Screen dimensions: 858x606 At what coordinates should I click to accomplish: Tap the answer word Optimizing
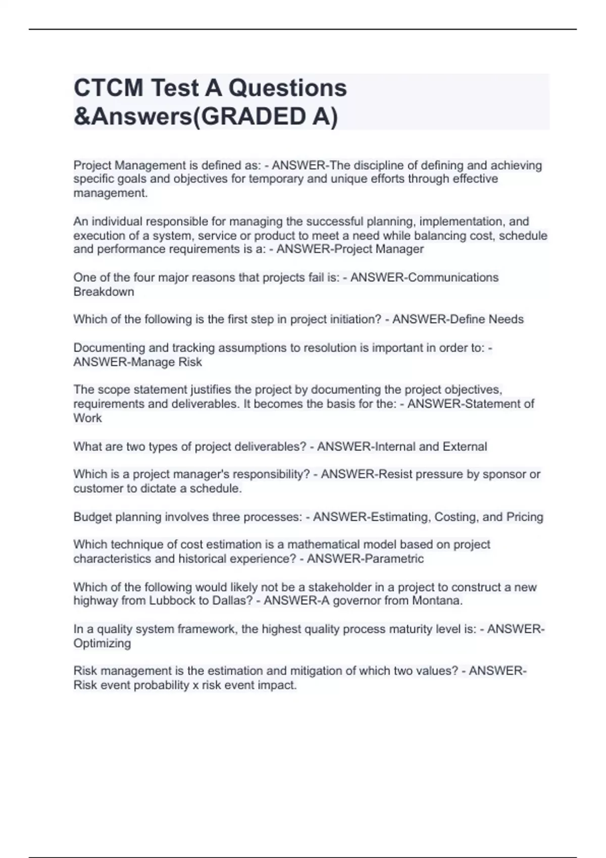pyautogui.click(x=102, y=644)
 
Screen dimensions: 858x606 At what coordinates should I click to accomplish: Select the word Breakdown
pyautogui.click(x=104, y=292)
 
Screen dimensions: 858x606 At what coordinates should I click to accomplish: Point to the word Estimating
pyautogui.click(x=399, y=517)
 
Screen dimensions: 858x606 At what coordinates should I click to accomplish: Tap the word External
pyautogui.click(x=465, y=447)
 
